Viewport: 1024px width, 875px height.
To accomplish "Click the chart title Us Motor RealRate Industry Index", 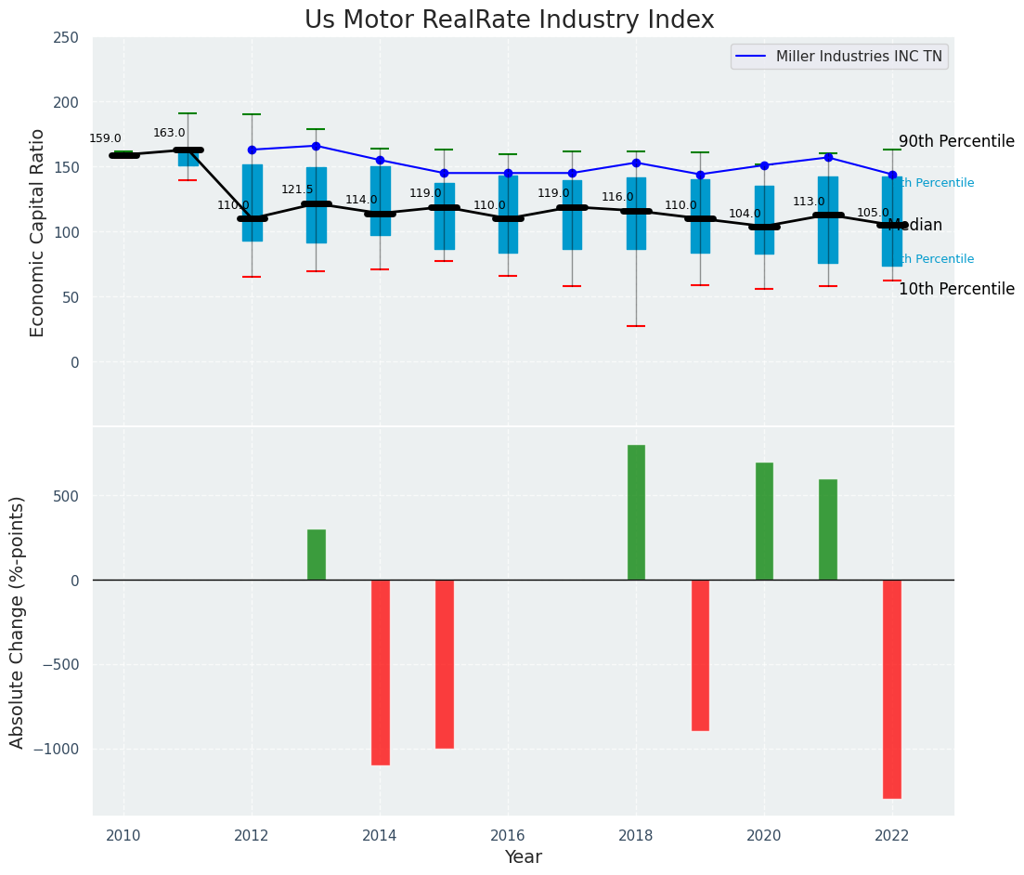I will coord(509,20).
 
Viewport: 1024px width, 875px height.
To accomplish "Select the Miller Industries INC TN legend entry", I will coord(839,57).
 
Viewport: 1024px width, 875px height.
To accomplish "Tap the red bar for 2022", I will coord(892,688).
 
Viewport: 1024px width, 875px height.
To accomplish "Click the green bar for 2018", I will coord(636,513).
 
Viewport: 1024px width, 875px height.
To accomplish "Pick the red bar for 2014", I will coord(380,672).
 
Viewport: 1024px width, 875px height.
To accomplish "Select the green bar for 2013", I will coord(317,555).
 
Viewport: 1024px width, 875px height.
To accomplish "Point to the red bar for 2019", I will coord(700,655).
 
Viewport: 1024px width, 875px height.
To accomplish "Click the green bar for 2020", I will coord(764,521).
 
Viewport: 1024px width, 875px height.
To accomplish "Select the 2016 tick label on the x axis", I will coord(508,835).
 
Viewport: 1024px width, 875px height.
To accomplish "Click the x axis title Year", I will coord(524,857).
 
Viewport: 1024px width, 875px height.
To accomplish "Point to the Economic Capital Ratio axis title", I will coord(37,232).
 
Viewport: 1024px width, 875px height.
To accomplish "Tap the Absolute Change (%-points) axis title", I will coord(18,621).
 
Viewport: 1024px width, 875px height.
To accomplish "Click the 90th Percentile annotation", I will coord(956,142).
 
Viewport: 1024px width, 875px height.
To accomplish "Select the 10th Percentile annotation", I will coord(956,290).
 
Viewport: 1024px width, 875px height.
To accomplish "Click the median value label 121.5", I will coord(297,190).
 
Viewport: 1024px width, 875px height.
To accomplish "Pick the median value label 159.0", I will coord(105,139).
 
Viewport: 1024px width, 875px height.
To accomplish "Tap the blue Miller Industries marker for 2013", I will coord(316,146).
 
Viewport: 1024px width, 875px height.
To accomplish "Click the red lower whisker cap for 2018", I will coord(636,326).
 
